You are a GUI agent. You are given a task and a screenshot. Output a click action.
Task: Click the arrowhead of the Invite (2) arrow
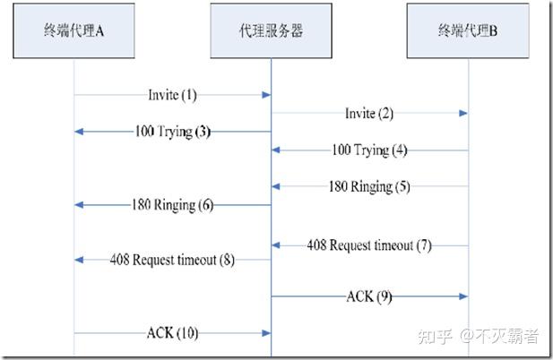pos(462,114)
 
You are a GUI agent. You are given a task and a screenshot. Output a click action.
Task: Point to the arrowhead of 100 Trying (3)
pos(79,132)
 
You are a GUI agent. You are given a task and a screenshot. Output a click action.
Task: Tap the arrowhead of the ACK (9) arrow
pos(462,296)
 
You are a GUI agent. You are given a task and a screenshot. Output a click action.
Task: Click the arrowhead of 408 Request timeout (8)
pos(79,260)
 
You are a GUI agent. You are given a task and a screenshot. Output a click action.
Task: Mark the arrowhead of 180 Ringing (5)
pos(276,186)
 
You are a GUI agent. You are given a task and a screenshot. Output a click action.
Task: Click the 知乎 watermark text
pos(442,337)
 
